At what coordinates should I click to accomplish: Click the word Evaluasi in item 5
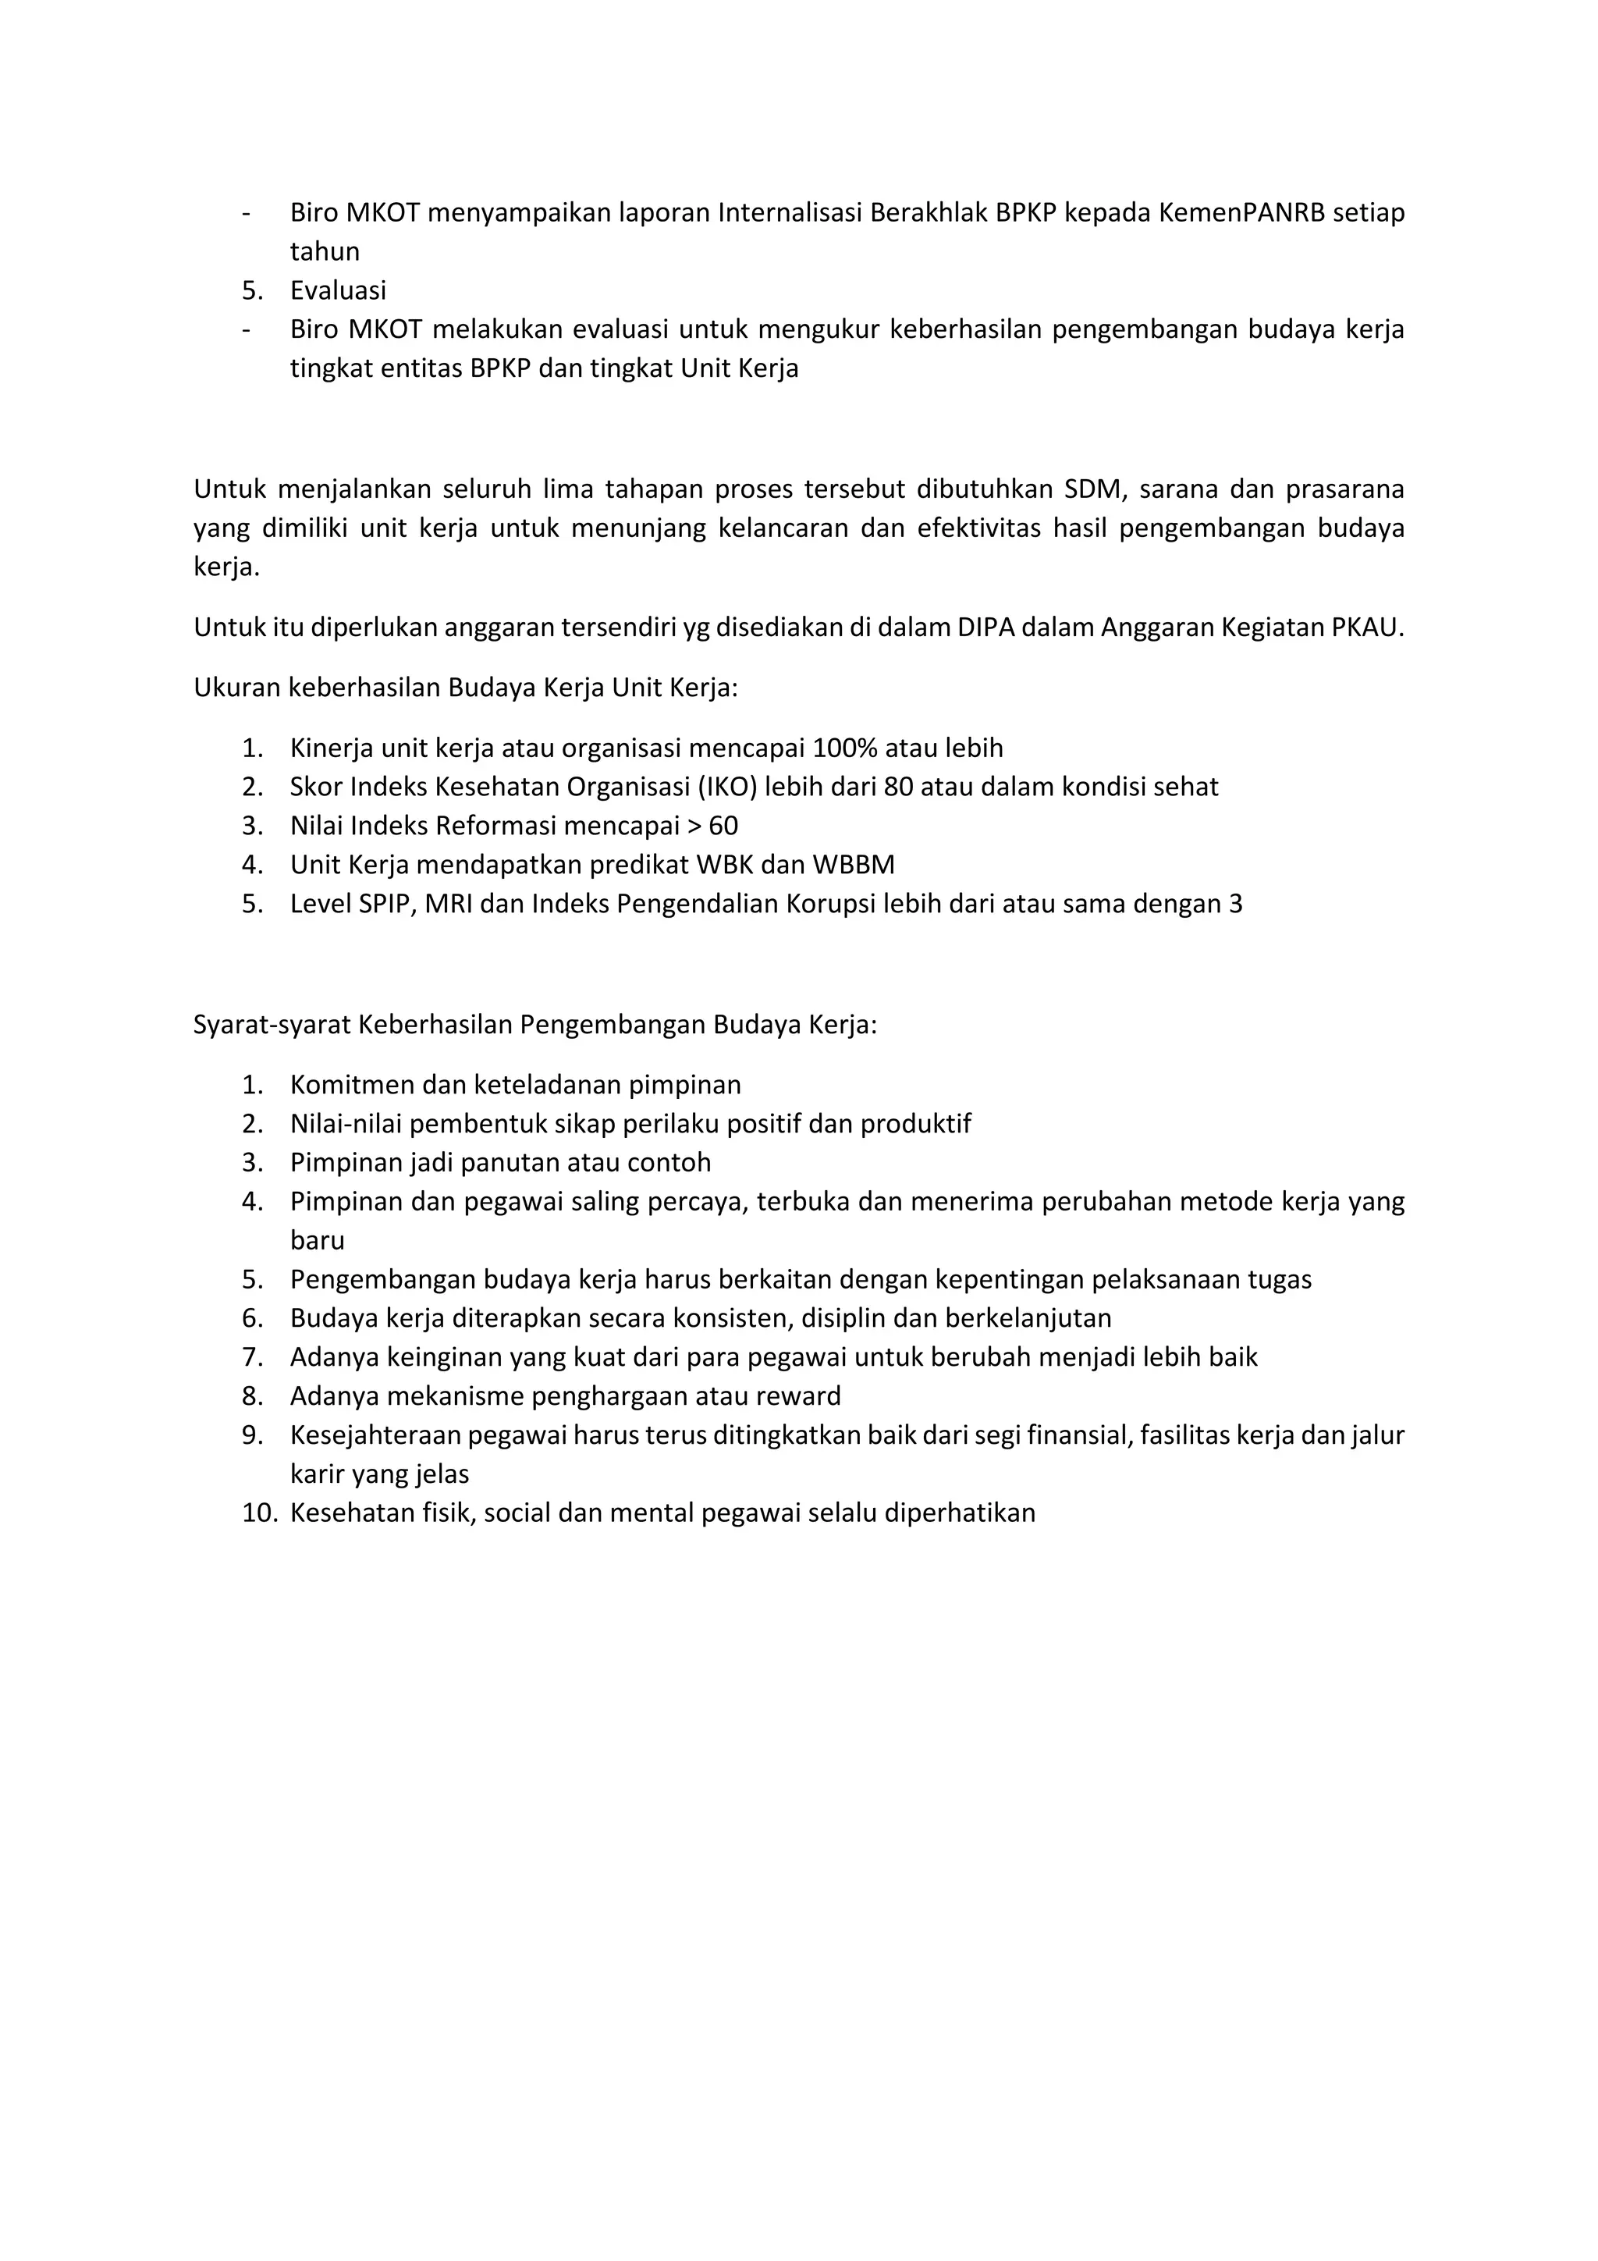[x=338, y=290]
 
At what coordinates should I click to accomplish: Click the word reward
[x=804, y=1396]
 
